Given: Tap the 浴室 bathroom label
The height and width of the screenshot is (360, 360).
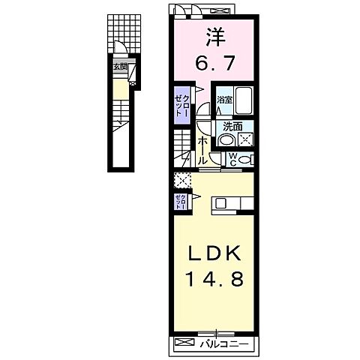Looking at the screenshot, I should coord(223,100).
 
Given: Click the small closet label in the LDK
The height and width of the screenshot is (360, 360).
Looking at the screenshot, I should coord(179,201).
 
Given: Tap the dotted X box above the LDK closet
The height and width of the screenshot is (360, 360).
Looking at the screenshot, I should coord(179,181).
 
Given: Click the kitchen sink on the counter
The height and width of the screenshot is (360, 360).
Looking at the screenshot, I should coord(220,202).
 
